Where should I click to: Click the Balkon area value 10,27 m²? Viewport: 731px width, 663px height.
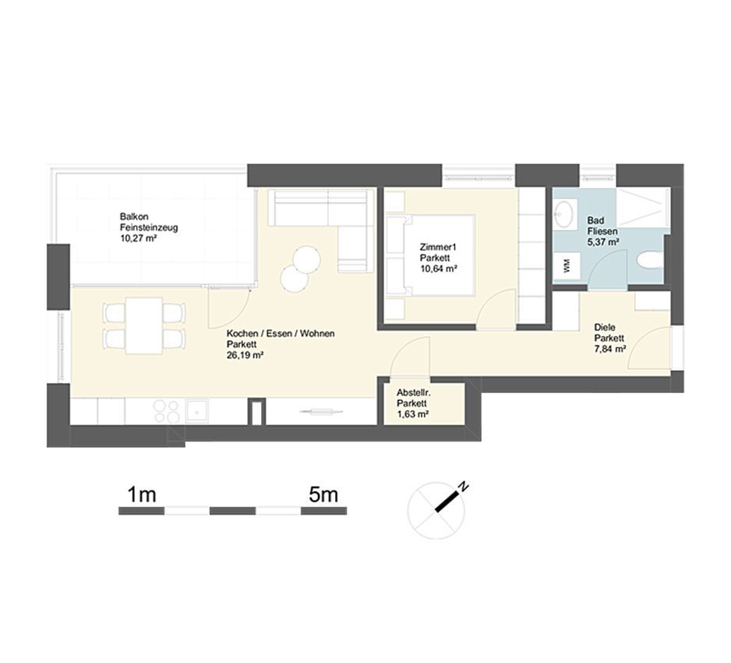tap(138, 239)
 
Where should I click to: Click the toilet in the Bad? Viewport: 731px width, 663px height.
tap(649, 261)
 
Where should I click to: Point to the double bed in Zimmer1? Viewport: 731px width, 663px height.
tap(431, 255)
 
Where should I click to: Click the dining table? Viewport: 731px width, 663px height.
tap(144, 325)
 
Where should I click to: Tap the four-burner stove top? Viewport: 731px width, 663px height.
tap(167, 411)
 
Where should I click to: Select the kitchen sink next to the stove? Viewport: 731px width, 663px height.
tap(197, 412)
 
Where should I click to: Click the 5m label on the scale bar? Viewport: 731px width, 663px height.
tap(323, 495)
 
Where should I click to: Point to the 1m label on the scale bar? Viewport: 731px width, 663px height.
tap(141, 495)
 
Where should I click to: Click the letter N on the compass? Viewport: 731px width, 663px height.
tap(463, 486)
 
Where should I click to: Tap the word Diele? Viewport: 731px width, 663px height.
tap(605, 328)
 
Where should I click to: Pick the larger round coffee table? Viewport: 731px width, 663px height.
tap(307, 260)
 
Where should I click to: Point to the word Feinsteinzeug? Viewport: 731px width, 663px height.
tap(149, 228)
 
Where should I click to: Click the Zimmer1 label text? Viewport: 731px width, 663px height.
tap(437, 247)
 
